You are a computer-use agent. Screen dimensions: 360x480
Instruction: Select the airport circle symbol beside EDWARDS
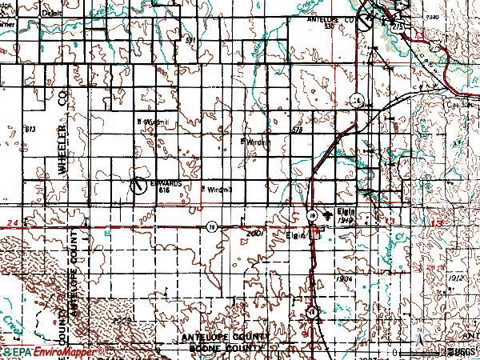tap(139, 185)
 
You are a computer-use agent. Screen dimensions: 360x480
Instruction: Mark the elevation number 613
tap(31, 129)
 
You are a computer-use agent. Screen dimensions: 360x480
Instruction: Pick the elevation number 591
tap(190, 38)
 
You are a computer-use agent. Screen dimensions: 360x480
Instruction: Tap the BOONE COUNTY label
tap(226, 350)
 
